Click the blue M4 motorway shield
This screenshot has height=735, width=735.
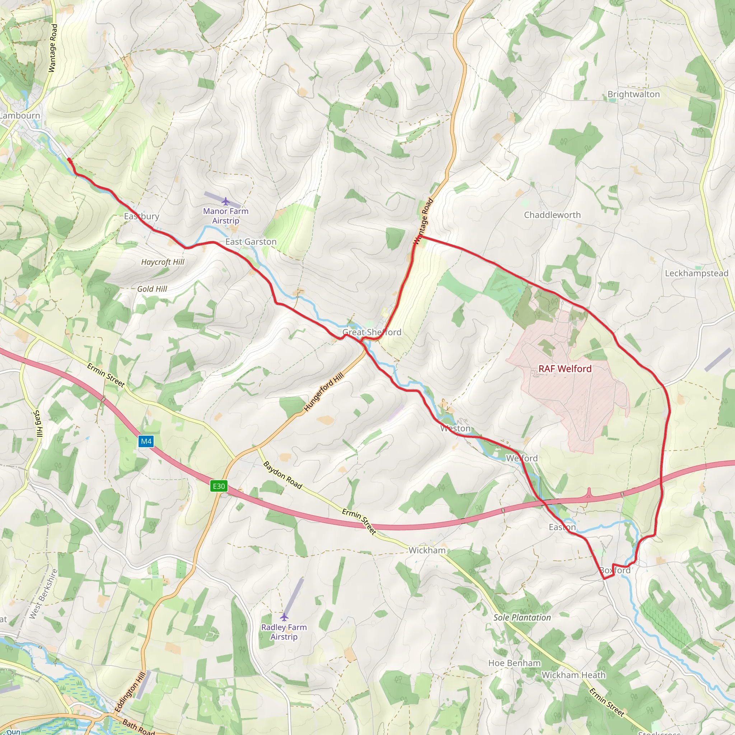[146, 441]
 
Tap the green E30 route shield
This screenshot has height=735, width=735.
[219, 486]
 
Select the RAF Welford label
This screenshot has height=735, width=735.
[565, 369]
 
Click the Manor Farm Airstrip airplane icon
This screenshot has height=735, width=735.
[226, 201]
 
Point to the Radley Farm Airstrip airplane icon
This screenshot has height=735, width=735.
[284, 617]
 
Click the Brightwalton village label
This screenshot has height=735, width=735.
[633, 94]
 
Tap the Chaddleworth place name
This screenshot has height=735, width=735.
[552, 215]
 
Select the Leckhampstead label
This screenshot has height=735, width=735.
[697, 273]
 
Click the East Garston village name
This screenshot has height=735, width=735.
[251, 242]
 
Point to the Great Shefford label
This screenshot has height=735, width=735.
[372, 332]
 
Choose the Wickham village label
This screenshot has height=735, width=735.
[427, 550]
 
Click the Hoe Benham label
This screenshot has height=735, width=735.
[514, 663]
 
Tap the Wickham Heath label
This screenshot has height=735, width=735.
[573, 675]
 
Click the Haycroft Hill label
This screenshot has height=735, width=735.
[163, 262]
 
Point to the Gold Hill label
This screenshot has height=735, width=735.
[152, 289]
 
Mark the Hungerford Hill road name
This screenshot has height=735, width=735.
[324, 392]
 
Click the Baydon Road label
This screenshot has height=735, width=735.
[283, 475]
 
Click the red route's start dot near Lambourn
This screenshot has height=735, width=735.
[69, 160]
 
